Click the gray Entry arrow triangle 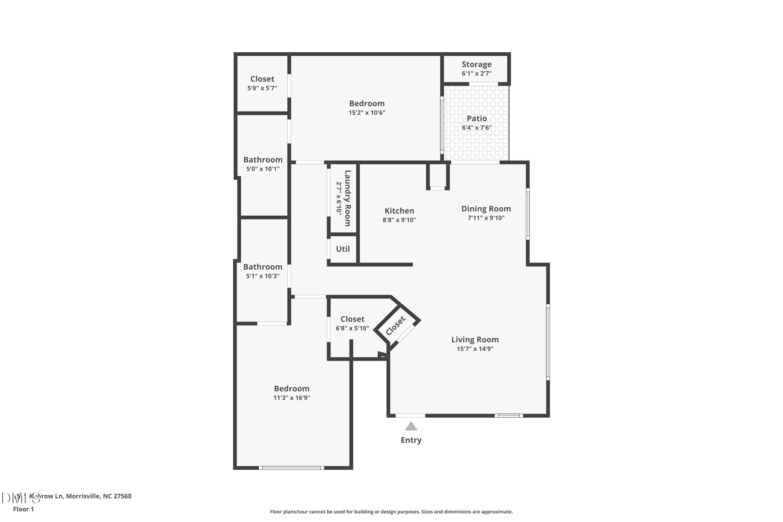tap(411, 427)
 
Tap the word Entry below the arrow tap(411, 440)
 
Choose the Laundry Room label tap(347, 198)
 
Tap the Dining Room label tap(486, 209)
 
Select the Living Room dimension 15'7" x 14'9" tap(475, 348)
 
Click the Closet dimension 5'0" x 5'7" tap(262, 88)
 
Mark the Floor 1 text tap(23, 509)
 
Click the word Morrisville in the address tap(83, 496)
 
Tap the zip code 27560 tap(122, 496)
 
